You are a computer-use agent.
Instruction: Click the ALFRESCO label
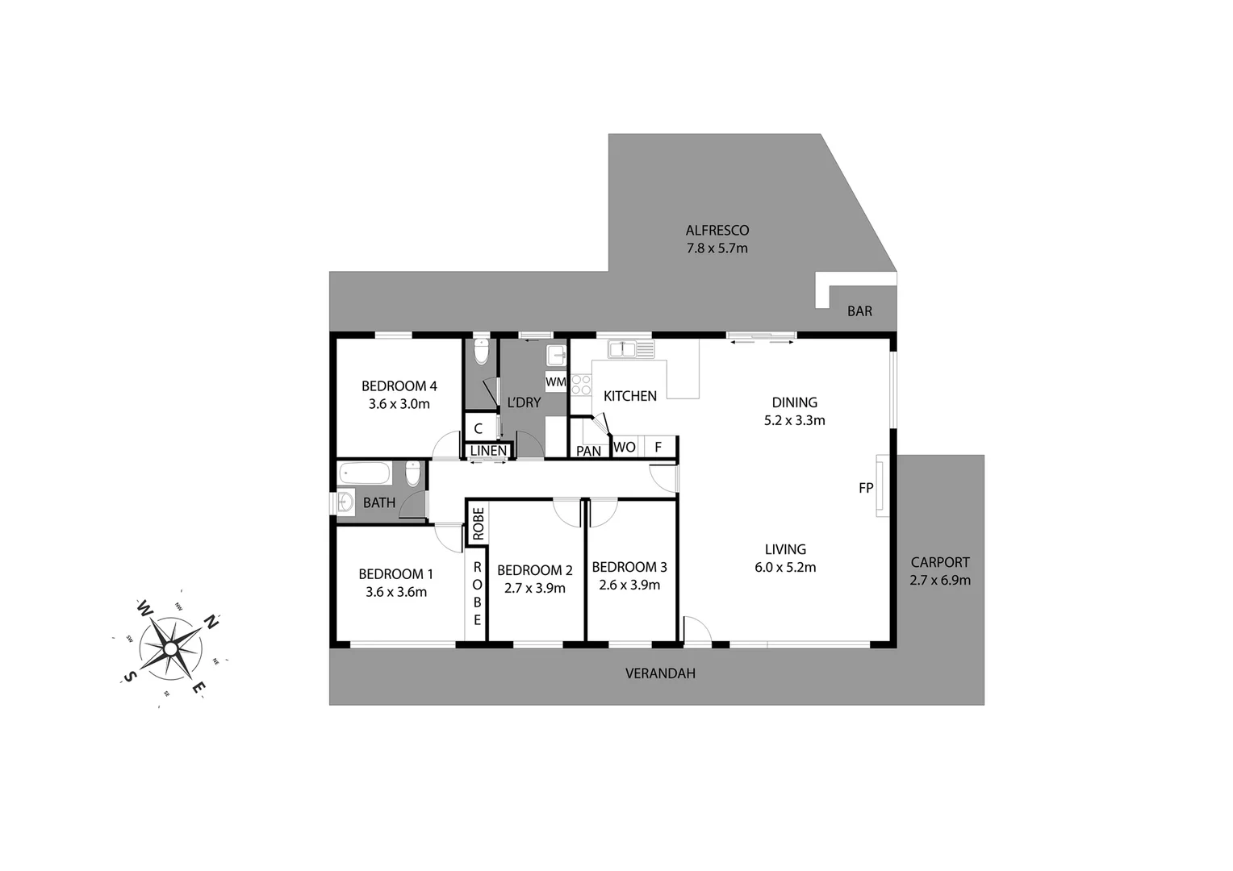click(x=717, y=231)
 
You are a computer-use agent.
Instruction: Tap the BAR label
click(x=859, y=311)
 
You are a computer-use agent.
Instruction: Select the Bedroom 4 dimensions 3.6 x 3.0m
click(x=399, y=404)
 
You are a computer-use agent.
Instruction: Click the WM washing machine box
click(x=555, y=381)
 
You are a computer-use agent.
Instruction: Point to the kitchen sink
click(x=622, y=349)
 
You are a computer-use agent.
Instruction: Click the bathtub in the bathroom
click(x=365, y=473)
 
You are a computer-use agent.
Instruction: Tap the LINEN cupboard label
click(x=488, y=451)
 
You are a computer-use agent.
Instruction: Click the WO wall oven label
click(x=624, y=448)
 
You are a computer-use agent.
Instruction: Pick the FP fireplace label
click(x=866, y=488)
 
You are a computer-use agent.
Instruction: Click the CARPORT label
click(x=940, y=563)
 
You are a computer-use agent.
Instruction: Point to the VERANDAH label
click(x=660, y=673)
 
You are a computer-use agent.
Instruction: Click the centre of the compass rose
click(x=170, y=648)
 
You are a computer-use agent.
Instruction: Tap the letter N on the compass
click(x=211, y=622)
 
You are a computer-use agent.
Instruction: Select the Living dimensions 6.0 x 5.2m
click(x=785, y=568)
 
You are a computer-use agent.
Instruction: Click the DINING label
click(x=794, y=402)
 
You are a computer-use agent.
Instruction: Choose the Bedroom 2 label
click(x=534, y=570)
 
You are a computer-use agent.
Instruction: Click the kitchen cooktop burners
click(x=581, y=385)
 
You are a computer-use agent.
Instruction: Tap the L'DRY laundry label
click(x=523, y=402)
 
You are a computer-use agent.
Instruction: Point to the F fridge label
click(x=658, y=448)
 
